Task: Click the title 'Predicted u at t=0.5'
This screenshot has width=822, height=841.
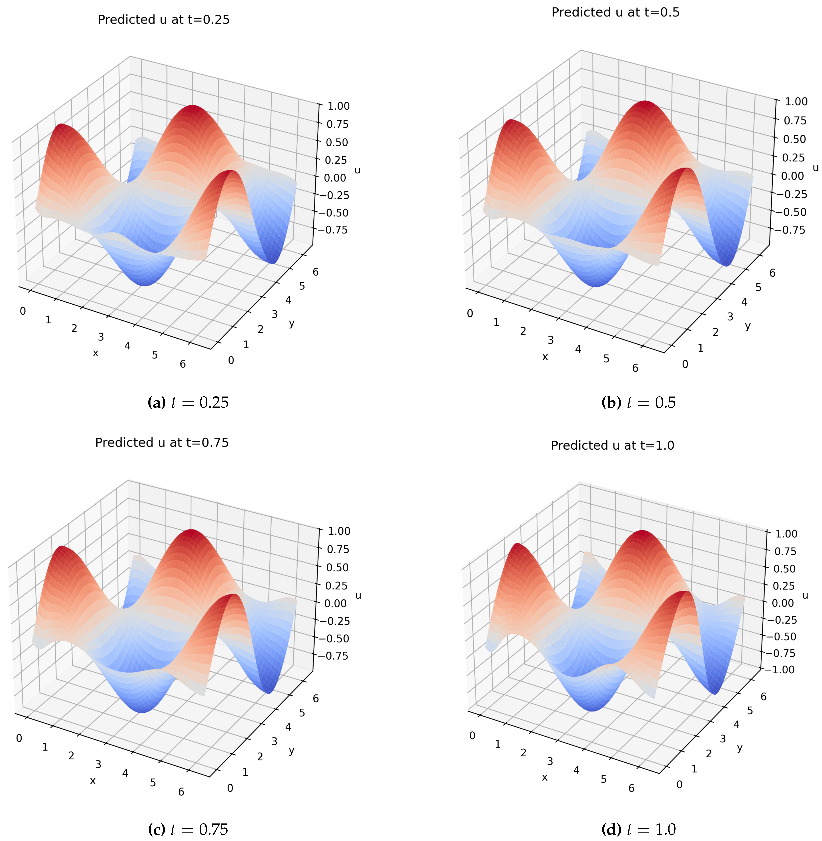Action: (615, 12)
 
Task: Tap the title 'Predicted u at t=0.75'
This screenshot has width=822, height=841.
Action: (162, 442)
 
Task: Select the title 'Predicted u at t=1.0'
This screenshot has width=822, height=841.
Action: (612, 446)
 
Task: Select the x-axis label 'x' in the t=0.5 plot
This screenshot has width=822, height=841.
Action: (545, 357)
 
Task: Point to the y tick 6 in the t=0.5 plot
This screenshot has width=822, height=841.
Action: (772, 273)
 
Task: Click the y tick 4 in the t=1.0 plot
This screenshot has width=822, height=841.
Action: (736, 725)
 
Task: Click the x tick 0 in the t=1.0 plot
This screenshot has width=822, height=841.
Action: (472, 735)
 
